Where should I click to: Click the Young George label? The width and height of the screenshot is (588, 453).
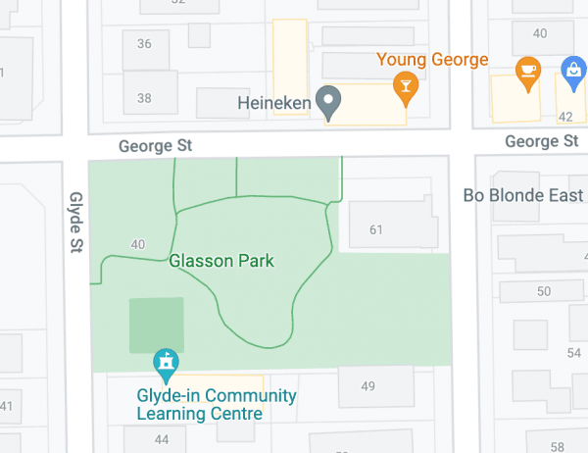click(432, 60)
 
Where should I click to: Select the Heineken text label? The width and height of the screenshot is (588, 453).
click(274, 101)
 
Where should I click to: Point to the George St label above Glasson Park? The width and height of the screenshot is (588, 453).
click(155, 146)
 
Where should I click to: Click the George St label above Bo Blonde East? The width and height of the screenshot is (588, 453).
click(541, 142)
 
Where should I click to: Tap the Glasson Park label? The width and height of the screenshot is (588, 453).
click(221, 261)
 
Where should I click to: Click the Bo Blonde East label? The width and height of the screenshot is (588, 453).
click(523, 195)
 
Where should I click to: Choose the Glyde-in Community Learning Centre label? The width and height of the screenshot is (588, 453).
click(216, 405)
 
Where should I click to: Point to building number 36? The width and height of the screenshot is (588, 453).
click(144, 44)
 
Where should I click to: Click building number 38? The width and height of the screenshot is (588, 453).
click(144, 98)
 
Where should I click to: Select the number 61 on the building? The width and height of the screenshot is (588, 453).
click(375, 230)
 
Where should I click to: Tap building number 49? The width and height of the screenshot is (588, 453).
click(368, 386)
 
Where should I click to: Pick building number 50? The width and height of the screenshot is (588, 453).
click(544, 291)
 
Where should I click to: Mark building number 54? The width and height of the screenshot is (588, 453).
click(573, 353)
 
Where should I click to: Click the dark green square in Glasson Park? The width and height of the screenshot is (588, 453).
click(157, 325)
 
